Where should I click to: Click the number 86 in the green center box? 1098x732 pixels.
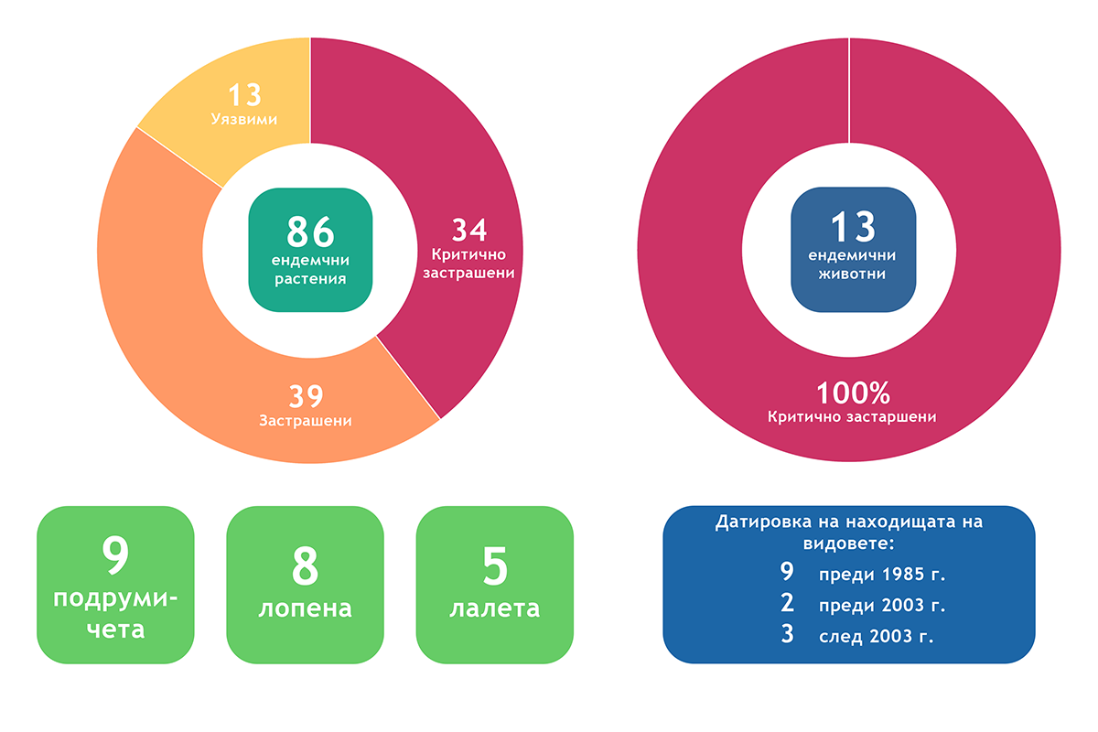[x=310, y=231]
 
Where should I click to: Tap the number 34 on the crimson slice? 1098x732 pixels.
[x=469, y=230]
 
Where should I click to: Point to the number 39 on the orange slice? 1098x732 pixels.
[x=306, y=396]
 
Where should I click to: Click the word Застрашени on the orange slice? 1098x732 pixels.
[x=306, y=421]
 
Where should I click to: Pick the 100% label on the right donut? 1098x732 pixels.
[x=853, y=393]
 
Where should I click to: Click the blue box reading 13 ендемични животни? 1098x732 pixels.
[x=853, y=250]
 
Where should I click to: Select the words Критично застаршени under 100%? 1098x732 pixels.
[x=852, y=416]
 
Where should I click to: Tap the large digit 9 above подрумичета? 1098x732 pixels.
[x=115, y=554]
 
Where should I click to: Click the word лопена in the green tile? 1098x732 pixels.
[x=306, y=609]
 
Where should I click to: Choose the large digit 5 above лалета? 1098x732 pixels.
[x=495, y=565]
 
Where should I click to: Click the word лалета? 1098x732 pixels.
[x=495, y=609]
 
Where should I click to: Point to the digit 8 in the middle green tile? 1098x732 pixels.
[x=305, y=565]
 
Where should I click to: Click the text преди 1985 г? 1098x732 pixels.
[x=882, y=574]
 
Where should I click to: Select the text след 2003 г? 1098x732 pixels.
[x=877, y=636]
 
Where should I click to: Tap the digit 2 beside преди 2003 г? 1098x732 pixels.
[x=787, y=603]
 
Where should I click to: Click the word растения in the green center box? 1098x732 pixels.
[x=310, y=279]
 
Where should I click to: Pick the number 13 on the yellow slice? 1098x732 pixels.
[x=244, y=94]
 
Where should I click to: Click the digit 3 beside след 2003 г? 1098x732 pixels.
[x=787, y=633]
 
